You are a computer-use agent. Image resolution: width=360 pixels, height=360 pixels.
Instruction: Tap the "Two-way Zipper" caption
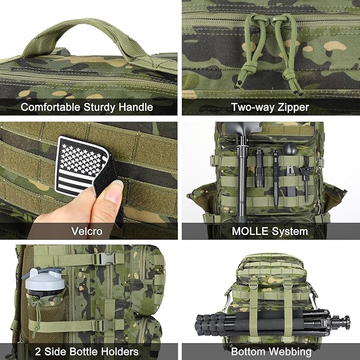(x=269, y=108)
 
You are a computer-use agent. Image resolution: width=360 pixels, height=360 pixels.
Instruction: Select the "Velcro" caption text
(x=87, y=231)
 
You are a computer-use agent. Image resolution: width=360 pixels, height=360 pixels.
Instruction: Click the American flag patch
(x=81, y=165)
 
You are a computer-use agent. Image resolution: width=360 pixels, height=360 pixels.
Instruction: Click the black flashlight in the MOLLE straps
(x=259, y=169)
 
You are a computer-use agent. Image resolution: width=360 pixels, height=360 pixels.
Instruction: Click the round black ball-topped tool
(x=288, y=148)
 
